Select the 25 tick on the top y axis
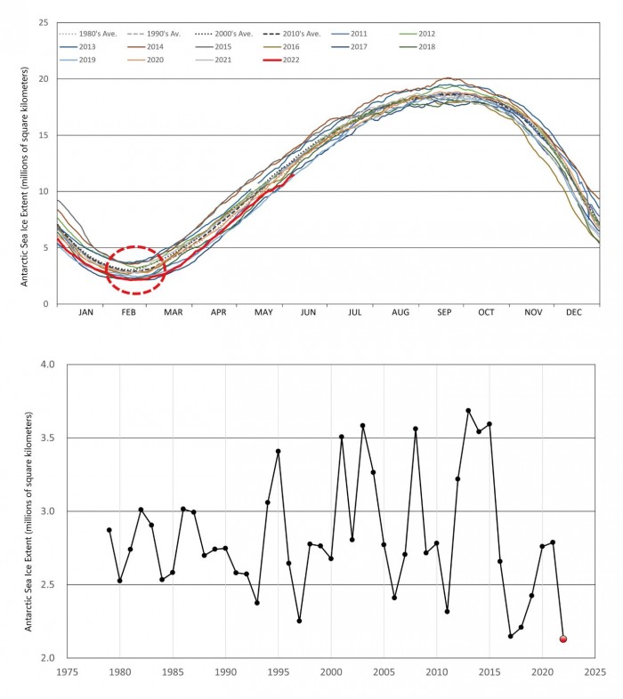[x=42, y=22]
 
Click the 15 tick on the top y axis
[x=42, y=135]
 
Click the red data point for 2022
[x=563, y=639]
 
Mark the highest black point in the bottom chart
[x=468, y=411]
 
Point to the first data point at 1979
[x=109, y=530]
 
